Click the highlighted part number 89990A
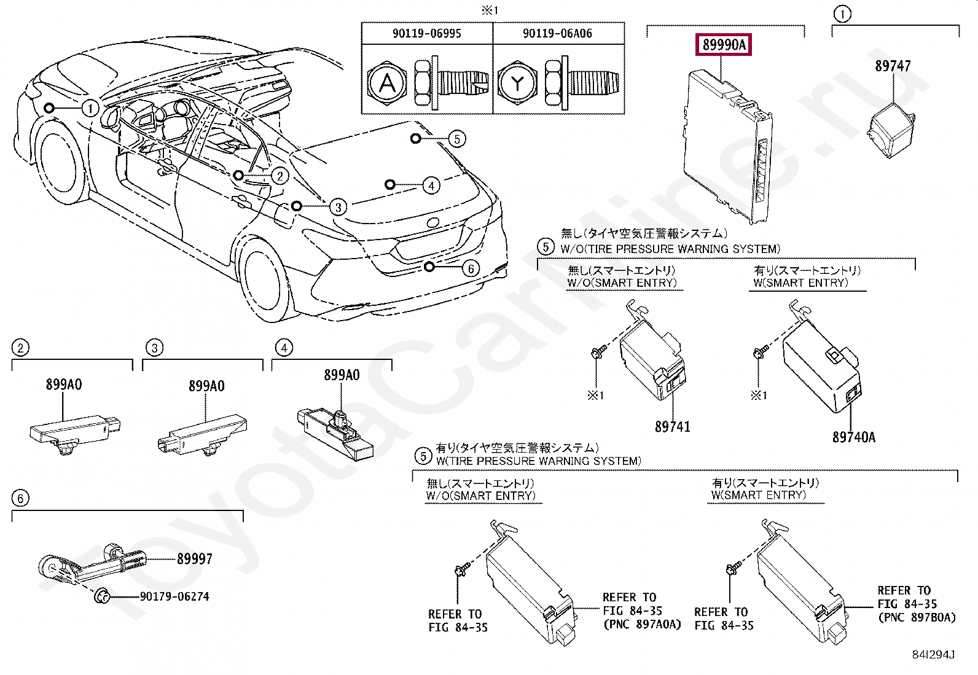pos(723,45)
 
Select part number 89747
pos(893,66)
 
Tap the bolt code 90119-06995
pos(426,33)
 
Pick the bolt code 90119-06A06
pos(557,33)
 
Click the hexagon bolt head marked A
pos(387,83)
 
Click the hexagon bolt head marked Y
pos(518,83)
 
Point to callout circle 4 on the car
pos(431,185)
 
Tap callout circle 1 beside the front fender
pos(90,109)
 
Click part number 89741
pos(672,426)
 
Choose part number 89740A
pos(854,437)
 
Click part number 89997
pos(195,559)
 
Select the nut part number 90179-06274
pos(174,596)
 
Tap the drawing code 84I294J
pos(933,655)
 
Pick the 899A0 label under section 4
pos(342,375)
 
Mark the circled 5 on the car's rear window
pos(456,139)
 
